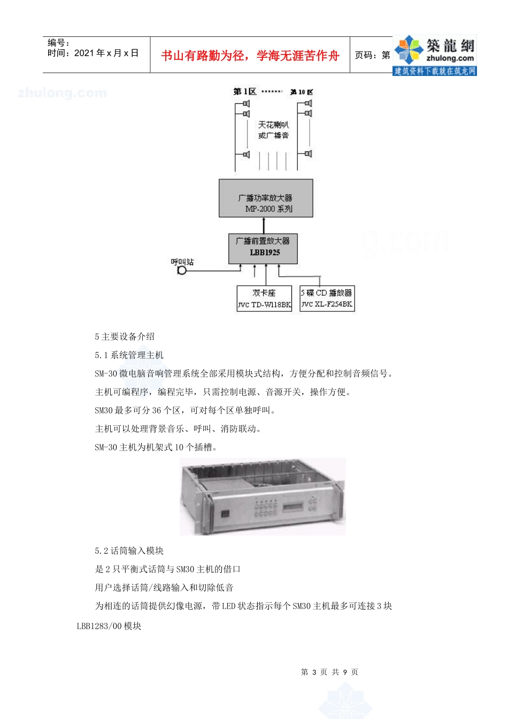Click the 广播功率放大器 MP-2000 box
tap(266, 198)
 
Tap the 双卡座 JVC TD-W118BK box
tap(264, 299)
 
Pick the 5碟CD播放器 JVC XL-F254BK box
tap(327, 299)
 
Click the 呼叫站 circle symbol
tap(182, 270)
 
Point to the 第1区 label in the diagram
tap(245, 91)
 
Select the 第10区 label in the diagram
tap(302, 92)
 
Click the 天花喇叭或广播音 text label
tap(273, 130)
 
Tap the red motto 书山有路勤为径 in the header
tap(250, 56)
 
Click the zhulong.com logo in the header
tap(435, 51)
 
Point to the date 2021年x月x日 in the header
tap(93, 53)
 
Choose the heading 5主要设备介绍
tap(125, 336)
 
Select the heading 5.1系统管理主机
tap(129, 355)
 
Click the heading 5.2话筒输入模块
tap(129, 550)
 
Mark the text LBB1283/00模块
tap(109, 626)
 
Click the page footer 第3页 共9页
tap(329, 672)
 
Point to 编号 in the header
tap(58, 43)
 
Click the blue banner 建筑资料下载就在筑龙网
tap(435, 71)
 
